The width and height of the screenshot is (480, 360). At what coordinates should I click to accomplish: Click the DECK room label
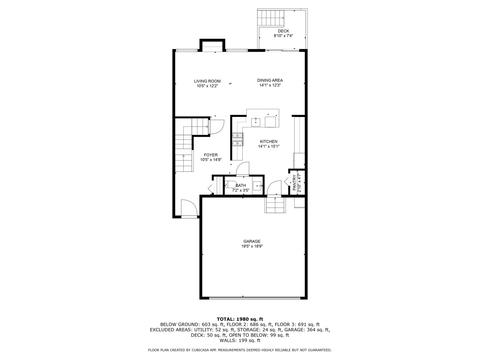click(x=283, y=31)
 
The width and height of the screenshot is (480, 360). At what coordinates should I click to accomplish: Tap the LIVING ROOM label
click(x=207, y=81)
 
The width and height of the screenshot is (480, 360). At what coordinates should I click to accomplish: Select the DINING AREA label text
click(x=270, y=80)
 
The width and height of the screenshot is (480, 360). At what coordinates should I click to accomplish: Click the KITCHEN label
click(x=269, y=142)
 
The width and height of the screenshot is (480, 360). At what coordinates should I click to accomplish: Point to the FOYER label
click(x=211, y=155)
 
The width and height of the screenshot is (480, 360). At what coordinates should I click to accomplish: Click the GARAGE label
click(x=252, y=241)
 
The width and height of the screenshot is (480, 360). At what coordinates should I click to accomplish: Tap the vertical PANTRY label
click(x=295, y=183)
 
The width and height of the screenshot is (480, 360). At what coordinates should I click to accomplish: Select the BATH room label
click(x=241, y=186)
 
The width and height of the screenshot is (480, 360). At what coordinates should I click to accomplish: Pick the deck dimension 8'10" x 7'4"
click(x=283, y=36)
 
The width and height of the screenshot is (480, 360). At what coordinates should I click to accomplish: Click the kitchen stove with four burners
click(x=238, y=139)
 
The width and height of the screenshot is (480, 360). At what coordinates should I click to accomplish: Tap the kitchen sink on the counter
click(x=256, y=122)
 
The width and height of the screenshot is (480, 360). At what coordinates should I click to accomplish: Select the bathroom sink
click(x=257, y=186)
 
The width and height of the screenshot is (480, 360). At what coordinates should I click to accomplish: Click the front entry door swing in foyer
click(x=189, y=208)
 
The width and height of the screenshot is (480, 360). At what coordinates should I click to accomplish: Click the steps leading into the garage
click(x=275, y=205)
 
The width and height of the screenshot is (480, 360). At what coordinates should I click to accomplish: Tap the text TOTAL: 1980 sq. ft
click(x=240, y=319)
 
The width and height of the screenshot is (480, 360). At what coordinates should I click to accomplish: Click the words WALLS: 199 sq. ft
click(x=240, y=340)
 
